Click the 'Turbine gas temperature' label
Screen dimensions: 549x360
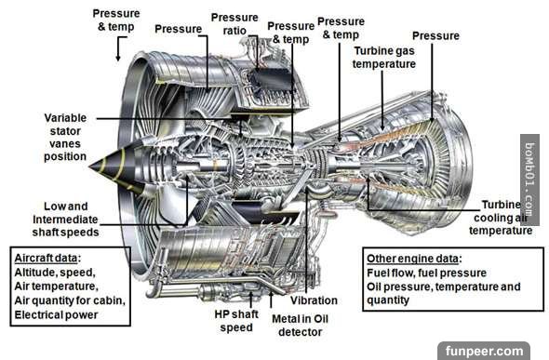click(384, 58)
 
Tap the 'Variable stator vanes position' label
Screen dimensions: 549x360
click(65, 137)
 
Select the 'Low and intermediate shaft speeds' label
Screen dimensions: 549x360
click(65, 220)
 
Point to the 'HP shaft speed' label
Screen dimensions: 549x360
click(236, 321)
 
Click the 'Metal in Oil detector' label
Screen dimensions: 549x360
click(300, 326)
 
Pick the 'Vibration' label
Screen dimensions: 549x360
click(314, 300)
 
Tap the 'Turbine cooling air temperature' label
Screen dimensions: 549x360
click(501, 218)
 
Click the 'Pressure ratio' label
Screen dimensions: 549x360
click(234, 24)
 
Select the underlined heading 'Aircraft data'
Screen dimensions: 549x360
click(46, 259)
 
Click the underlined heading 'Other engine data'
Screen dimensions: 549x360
click(412, 259)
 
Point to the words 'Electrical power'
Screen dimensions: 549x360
click(56, 314)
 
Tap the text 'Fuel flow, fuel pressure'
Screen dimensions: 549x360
click(426, 273)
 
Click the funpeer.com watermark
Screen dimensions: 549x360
click(484, 351)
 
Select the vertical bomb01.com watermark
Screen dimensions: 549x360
click(529, 180)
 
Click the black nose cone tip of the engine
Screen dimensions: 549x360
click(90, 167)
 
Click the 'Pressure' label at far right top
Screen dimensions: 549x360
click(435, 35)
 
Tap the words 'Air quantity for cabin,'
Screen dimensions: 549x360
click(70, 300)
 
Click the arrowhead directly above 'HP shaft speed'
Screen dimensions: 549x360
click(251, 295)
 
